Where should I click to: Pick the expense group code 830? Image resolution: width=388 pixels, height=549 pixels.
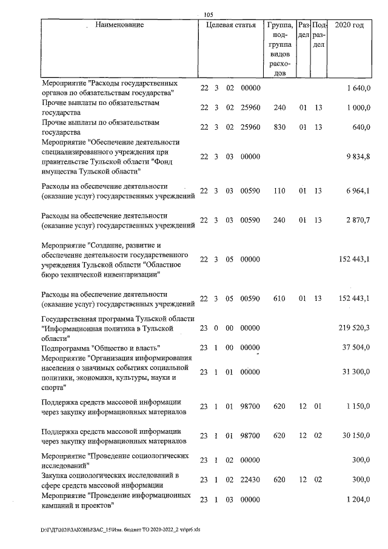[279, 127]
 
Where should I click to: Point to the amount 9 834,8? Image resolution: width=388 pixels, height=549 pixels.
[358, 157]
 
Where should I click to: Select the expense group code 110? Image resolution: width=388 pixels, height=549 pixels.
[279, 191]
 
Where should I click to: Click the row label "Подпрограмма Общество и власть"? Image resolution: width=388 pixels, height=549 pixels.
[100, 348]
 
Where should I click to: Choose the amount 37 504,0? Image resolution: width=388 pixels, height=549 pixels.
[356, 348]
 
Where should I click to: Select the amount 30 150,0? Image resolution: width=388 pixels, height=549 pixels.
[356, 435]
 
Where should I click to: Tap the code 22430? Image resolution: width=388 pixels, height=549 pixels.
[250, 479]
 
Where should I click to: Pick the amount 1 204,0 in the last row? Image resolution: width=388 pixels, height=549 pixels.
[358, 499]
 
